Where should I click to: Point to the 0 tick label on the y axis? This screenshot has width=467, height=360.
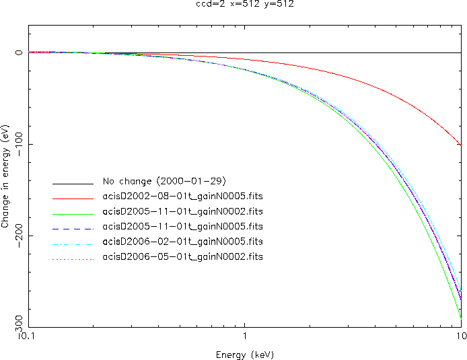tap(20, 52)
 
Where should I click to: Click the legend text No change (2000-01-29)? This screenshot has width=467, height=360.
tap(168, 181)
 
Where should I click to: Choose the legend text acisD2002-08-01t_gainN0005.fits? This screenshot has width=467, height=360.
tap(182, 196)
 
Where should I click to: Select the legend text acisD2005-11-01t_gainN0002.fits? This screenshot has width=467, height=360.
tap(182, 211)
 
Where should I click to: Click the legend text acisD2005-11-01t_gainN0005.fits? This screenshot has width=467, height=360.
tap(182, 226)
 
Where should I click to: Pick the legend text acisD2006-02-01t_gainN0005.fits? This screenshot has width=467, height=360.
tap(182, 242)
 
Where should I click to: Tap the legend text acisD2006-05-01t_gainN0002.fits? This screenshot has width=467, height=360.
tap(182, 257)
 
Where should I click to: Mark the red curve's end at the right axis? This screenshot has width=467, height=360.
tap(461, 145)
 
